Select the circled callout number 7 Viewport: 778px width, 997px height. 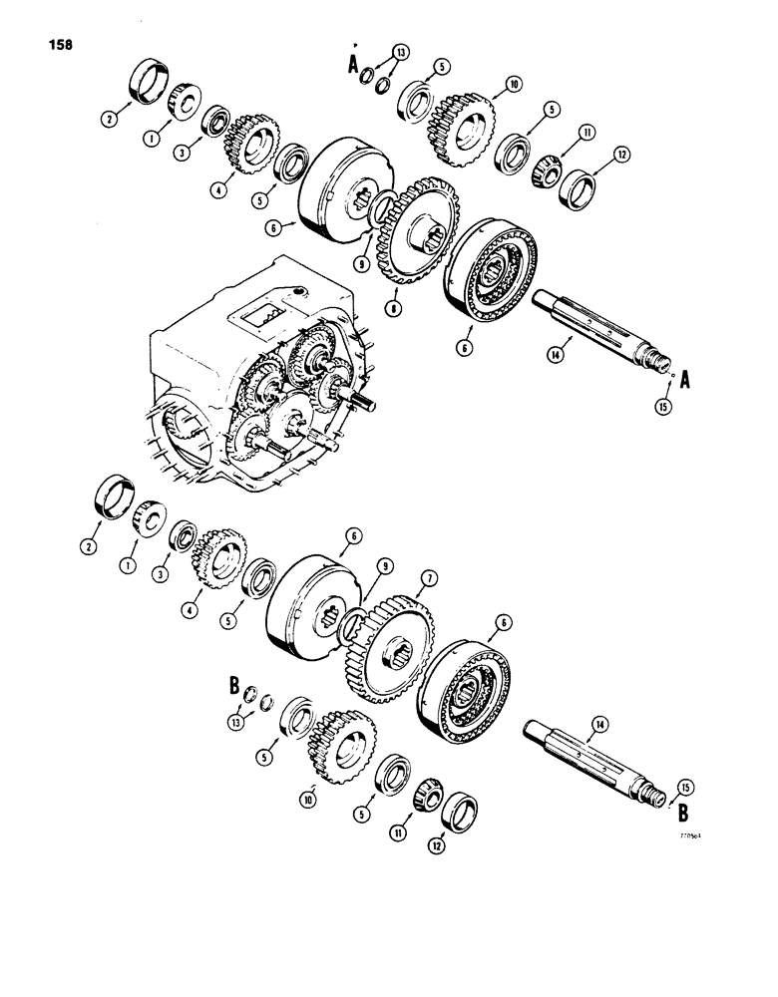(427, 579)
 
